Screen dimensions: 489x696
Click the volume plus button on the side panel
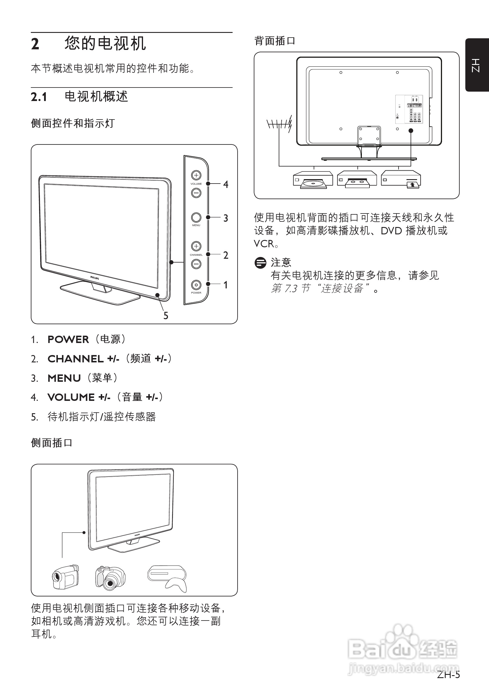pos(196,175)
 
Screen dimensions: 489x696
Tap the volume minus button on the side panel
pos(196,193)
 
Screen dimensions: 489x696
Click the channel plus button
pos(196,246)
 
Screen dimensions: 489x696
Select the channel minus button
pos(196,264)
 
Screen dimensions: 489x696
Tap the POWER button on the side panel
pos(196,285)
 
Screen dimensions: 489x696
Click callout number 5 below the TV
pos(166,316)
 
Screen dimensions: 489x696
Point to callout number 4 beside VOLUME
pos(226,184)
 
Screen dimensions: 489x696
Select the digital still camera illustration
pos(110,578)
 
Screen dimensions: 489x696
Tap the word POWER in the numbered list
pos(68,339)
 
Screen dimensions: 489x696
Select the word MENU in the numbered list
pos(64,378)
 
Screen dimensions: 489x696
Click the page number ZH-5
pos(448,675)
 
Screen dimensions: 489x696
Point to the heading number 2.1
pos(39,97)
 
